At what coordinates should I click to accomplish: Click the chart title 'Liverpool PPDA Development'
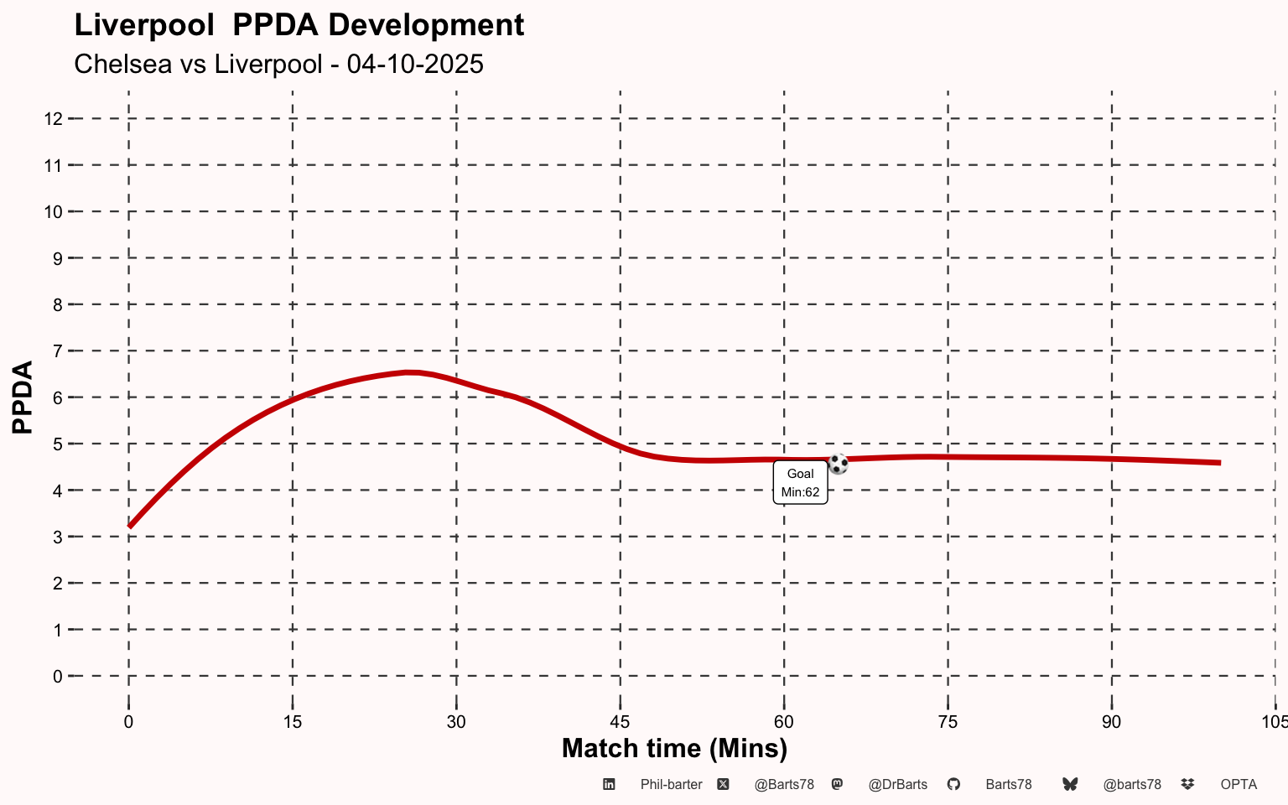point(299,25)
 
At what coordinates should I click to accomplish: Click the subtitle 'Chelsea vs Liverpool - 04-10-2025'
point(278,65)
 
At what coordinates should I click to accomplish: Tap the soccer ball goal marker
point(838,464)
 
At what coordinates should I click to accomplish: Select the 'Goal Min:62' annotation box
point(800,483)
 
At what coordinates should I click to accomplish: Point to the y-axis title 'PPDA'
point(23,397)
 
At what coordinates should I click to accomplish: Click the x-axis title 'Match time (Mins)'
point(674,748)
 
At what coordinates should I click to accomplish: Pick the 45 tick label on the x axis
point(620,722)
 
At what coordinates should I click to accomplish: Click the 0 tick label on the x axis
point(128,722)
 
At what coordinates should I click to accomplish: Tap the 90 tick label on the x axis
point(1111,722)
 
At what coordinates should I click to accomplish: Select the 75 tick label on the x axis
point(948,722)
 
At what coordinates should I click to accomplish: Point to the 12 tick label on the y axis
point(54,119)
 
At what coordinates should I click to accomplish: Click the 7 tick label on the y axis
point(58,351)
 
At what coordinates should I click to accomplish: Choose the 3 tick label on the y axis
point(58,537)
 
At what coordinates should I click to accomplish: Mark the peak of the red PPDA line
point(409,372)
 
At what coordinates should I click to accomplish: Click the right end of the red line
point(1218,463)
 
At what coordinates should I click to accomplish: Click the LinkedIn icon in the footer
point(610,784)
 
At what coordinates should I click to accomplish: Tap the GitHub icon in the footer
point(953,784)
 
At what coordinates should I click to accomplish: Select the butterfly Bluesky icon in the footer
point(1070,784)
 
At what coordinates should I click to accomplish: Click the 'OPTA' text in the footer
point(1239,785)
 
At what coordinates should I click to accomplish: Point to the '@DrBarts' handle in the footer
point(897,785)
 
